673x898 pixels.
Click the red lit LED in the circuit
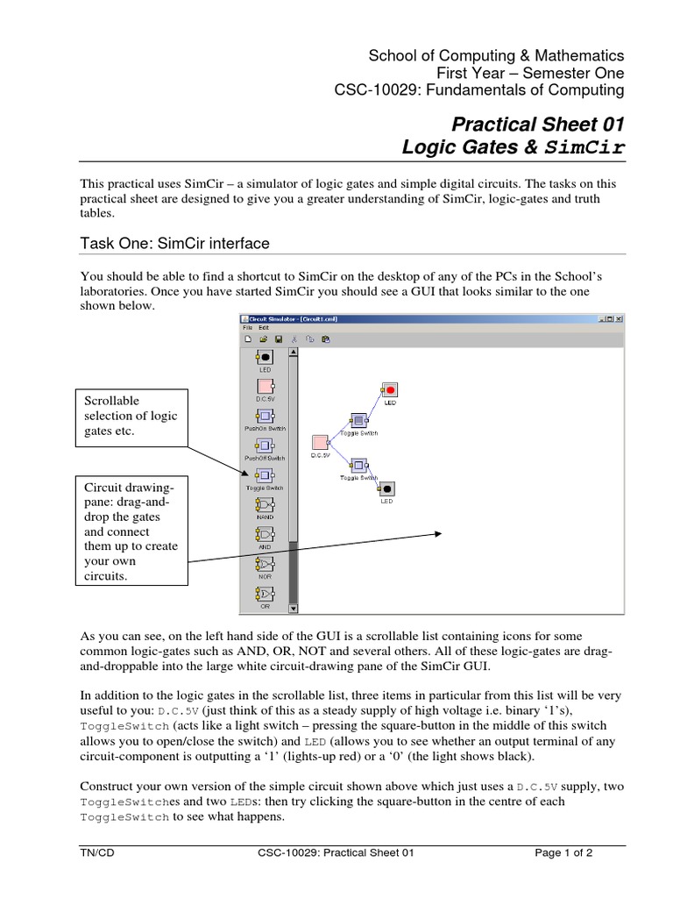(x=390, y=389)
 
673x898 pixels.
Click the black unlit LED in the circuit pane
(x=386, y=488)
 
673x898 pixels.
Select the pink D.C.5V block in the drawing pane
(x=320, y=441)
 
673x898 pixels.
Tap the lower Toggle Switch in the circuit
(x=358, y=466)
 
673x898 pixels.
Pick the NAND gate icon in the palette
(x=264, y=506)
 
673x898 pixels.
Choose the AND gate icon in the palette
(x=264, y=534)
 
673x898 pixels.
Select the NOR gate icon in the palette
(x=264, y=565)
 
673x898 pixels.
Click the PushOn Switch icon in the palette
(x=264, y=416)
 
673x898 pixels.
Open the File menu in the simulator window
(x=248, y=327)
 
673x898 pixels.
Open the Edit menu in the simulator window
(x=263, y=327)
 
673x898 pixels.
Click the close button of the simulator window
(x=620, y=318)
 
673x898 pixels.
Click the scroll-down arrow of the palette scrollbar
(x=294, y=607)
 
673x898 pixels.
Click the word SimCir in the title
(x=585, y=147)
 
